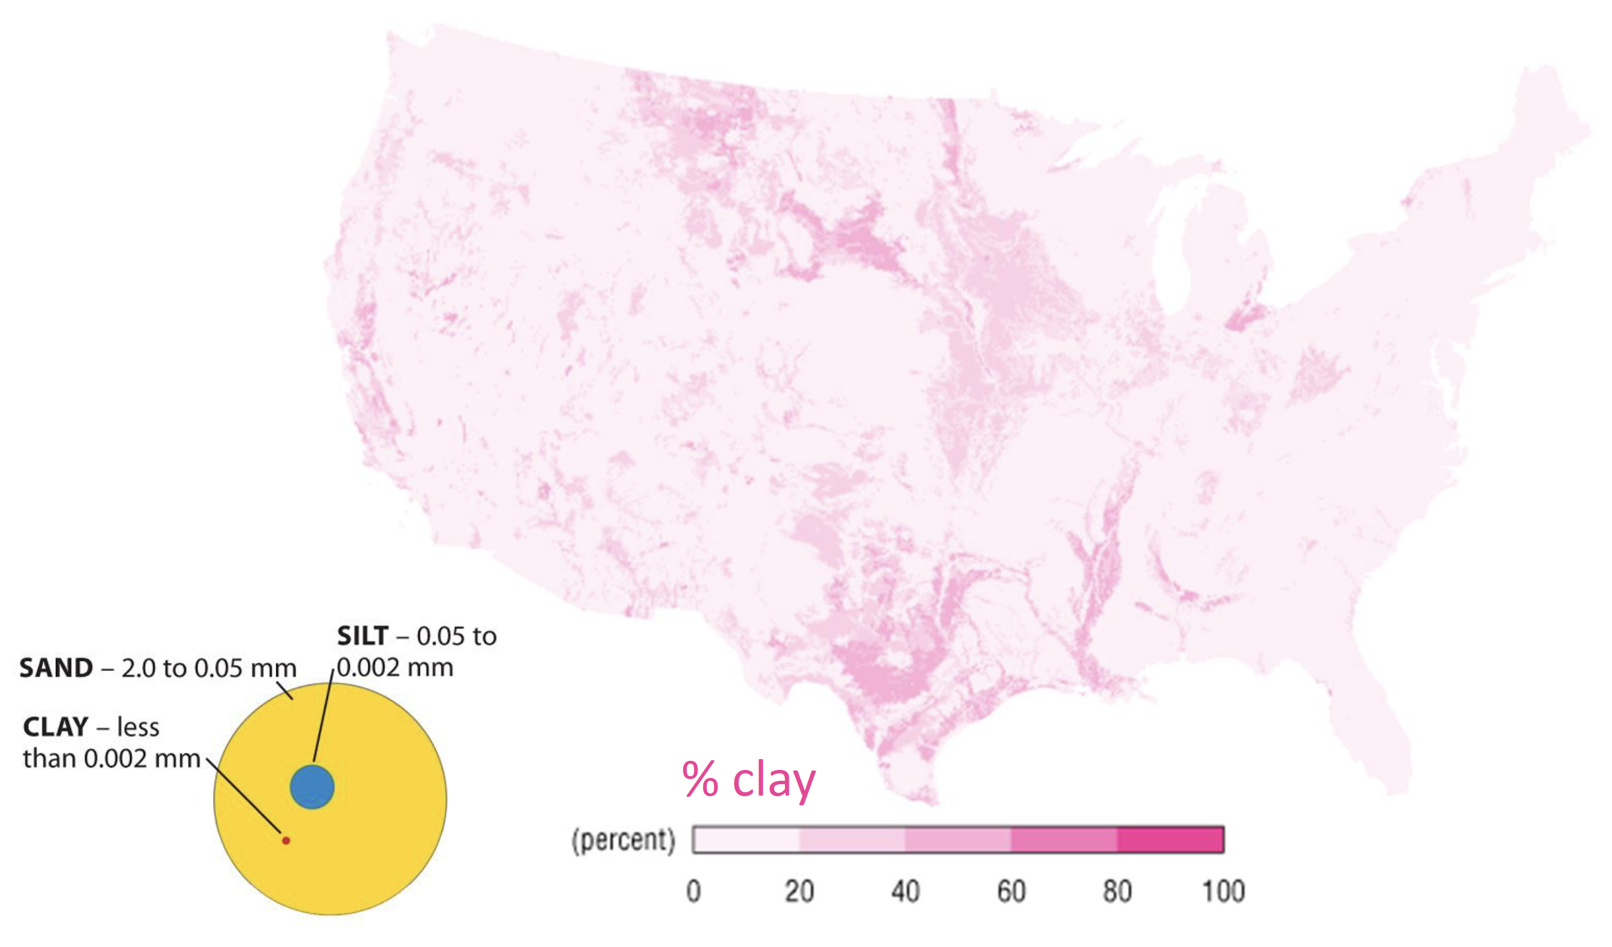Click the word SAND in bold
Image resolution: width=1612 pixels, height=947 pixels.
[57, 668]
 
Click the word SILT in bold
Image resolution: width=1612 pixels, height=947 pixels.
[362, 636]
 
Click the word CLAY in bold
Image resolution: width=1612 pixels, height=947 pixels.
[55, 727]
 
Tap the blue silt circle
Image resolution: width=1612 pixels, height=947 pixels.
[312, 787]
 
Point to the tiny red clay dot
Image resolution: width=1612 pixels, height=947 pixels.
[286, 840]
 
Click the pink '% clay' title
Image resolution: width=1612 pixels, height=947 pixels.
[748, 780]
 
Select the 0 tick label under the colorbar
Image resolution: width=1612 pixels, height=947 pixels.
[694, 892]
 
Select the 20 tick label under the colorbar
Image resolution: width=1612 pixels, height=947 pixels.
[800, 892]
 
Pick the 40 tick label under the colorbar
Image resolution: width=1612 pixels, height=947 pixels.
[905, 892]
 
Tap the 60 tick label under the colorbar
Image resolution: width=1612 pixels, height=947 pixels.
[1011, 892]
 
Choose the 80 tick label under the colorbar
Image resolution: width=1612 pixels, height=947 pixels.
[1117, 892]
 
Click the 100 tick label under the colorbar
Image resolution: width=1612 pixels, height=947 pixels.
[1223, 892]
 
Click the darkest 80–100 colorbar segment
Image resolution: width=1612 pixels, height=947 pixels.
[1170, 840]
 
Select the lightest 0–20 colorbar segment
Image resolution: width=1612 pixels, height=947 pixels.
[747, 840]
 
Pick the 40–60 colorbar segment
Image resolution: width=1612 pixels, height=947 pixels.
[958, 840]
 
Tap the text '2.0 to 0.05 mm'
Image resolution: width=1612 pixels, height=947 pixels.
[208, 669]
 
